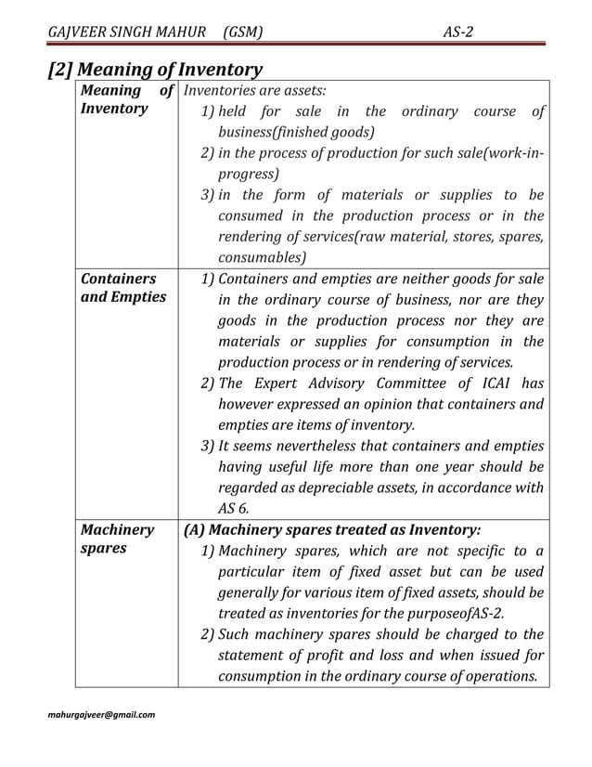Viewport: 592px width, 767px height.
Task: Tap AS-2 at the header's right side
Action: [459, 32]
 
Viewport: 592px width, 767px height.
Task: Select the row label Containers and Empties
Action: [122, 288]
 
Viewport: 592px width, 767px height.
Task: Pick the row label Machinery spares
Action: [118, 539]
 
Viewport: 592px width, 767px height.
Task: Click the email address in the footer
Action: [102, 715]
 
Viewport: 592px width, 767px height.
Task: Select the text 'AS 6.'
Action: [235, 508]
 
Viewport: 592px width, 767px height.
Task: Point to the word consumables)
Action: [261, 257]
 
